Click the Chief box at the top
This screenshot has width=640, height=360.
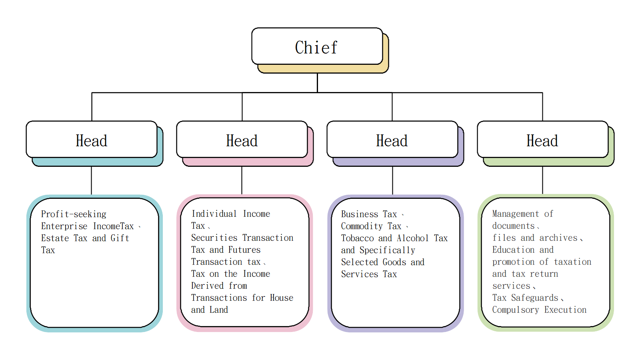(x=317, y=46)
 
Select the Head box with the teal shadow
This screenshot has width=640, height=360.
(x=92, y=140)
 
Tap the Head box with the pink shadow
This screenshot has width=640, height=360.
(x=242, y=140)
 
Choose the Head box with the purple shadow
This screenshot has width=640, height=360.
(x=392, y=140)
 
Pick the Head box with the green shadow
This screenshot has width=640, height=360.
(x=542, y=140)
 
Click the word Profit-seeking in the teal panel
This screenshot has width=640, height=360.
(x=74, y=214)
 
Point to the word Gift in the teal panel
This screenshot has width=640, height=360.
(x=120, y=238)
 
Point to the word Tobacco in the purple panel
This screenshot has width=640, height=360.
(x=357, y=238)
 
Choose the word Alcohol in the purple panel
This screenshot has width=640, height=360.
(x=412, y=238)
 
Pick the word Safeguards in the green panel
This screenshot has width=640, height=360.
(x=534, y=298)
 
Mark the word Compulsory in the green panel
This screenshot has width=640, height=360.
(x=516, y=310)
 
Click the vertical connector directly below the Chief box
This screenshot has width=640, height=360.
(x=317, y=82)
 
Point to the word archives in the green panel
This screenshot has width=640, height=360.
(x=558, y=238)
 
